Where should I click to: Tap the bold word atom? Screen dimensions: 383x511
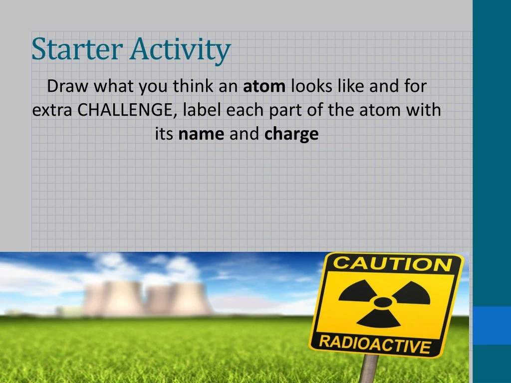point(264,87)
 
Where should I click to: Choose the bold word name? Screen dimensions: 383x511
point(202,134)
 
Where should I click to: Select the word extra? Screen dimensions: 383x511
point(53,110)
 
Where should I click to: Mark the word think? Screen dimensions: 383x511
point(194,87)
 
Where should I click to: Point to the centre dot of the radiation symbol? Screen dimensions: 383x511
point(383,302)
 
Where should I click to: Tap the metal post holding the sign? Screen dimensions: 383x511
point(369,369)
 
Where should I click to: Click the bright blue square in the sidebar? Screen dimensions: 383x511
point(492,325)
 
